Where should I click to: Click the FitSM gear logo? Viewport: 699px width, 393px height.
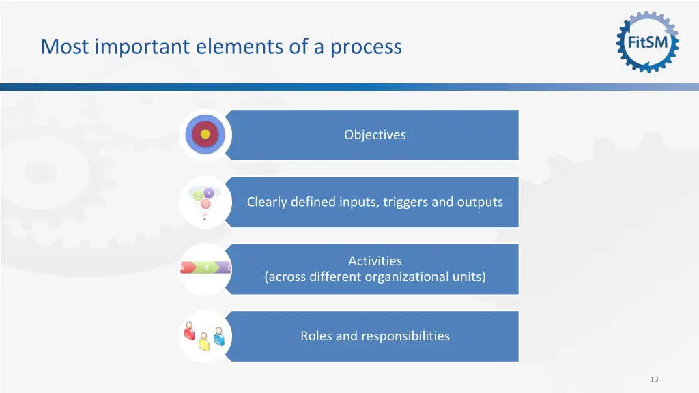648,42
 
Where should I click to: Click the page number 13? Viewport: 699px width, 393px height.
654,379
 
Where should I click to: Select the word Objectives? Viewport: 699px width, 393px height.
375,135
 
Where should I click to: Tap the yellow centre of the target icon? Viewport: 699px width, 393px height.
205,134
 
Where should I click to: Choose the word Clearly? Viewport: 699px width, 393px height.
266,202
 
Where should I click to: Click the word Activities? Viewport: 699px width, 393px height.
375,261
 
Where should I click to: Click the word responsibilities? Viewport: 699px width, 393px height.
405,336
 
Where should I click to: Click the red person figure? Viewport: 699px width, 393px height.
190,333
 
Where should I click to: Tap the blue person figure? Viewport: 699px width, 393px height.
218,335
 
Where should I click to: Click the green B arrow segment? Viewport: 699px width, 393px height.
206,268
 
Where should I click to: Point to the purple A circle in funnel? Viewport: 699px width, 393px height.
209,194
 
